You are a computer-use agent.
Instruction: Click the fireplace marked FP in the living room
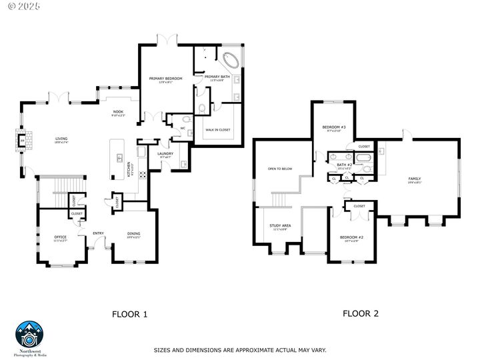point(22,142)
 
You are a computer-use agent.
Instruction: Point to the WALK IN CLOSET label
point(218,130)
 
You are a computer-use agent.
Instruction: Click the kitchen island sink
point(120,158)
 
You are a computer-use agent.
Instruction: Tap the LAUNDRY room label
point(165,154)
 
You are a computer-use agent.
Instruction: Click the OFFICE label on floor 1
point(61,237)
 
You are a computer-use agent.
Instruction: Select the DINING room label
point(133,233)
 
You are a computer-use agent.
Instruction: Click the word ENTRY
point(98,233)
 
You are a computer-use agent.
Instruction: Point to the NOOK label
point(118,112)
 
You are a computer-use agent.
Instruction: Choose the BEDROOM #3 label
point(334,127)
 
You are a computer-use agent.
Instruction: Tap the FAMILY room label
point(415,179)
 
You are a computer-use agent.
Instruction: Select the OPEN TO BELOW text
point(280,169)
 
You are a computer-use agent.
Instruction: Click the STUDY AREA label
point(280,225)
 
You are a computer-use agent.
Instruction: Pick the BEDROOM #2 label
point(351,237)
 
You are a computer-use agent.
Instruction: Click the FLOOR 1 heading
point(129,313)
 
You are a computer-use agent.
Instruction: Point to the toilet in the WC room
point(186,120)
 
